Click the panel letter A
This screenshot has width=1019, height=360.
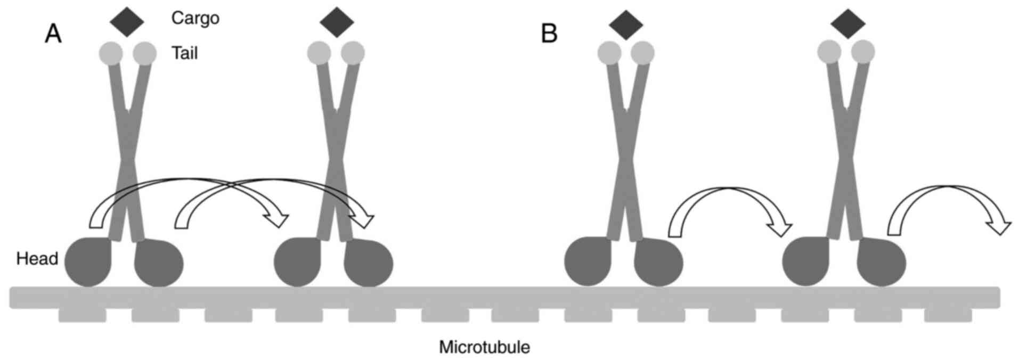[53, 34]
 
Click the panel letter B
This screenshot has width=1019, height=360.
[549, 34]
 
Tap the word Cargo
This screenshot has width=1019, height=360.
[195, 18]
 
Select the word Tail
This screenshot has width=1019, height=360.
[184, 53]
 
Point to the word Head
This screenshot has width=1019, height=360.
[37, 259]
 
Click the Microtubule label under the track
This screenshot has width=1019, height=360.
[484, 348]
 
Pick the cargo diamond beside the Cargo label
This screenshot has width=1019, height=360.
[127, 21]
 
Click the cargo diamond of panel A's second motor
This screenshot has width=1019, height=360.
[337, 21]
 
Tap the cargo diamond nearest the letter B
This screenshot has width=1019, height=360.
[626, 23]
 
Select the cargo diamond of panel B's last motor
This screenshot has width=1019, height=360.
[847, 23]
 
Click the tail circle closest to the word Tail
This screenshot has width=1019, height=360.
[145, 53]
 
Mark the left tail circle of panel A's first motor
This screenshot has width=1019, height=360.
[111, 53]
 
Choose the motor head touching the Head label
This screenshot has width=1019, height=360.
[88, 261]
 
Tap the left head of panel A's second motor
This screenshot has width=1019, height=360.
[297, 263]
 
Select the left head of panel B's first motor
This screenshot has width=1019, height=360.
[588, 263]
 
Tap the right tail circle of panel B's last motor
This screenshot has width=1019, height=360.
[863, 52]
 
